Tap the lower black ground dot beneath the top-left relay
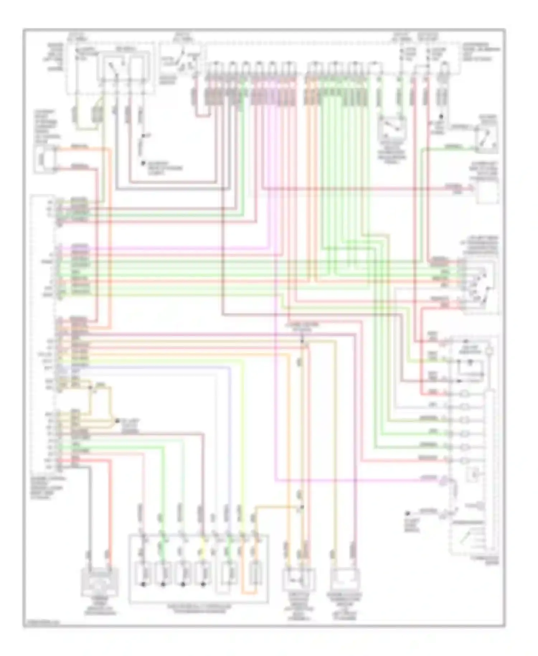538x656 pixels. pos(143,163)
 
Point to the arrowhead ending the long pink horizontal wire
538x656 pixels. pos(472,188)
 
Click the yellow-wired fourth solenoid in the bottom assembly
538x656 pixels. pos(203,574)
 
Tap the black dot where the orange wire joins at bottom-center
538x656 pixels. pos(302,507)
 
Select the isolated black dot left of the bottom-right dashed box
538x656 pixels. pos(407,514)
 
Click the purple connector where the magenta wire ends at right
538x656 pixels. pos(444,480)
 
